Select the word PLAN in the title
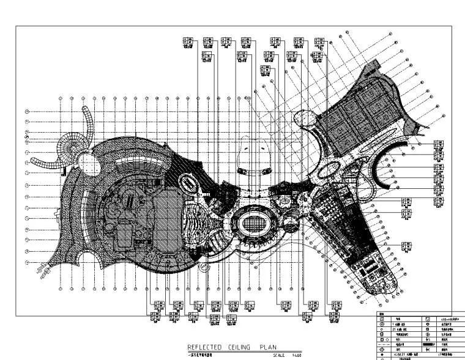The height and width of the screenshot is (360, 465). (x=268, y=347)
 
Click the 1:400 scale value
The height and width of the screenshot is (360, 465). (x=296, y=355)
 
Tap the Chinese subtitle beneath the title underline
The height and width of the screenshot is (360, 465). (x=199, y=354)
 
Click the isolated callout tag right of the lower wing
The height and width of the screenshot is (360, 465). (x=406, y=245)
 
